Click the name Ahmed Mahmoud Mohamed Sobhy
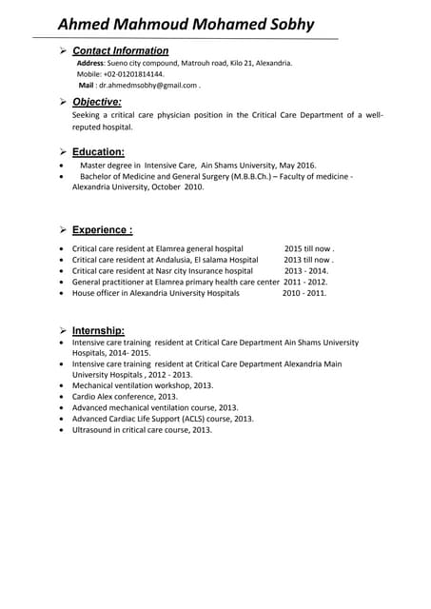tap(186, 24)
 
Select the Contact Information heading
tap(121, 50)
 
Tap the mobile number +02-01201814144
tap(133, 73)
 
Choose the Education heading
tap(98, 151)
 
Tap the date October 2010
tap(176, 187)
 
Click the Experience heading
tap(103, 229)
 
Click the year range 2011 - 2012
tap(304, 282)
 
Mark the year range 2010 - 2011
tap(304, 293)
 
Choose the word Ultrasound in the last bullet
tap(93, 429)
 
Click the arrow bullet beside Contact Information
tap(62, 50)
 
